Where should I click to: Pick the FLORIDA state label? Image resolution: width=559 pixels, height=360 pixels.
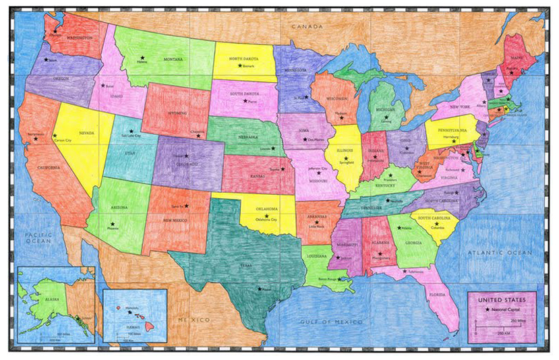pos(439,294)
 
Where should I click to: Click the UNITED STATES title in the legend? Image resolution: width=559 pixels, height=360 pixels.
pos(502,299)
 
